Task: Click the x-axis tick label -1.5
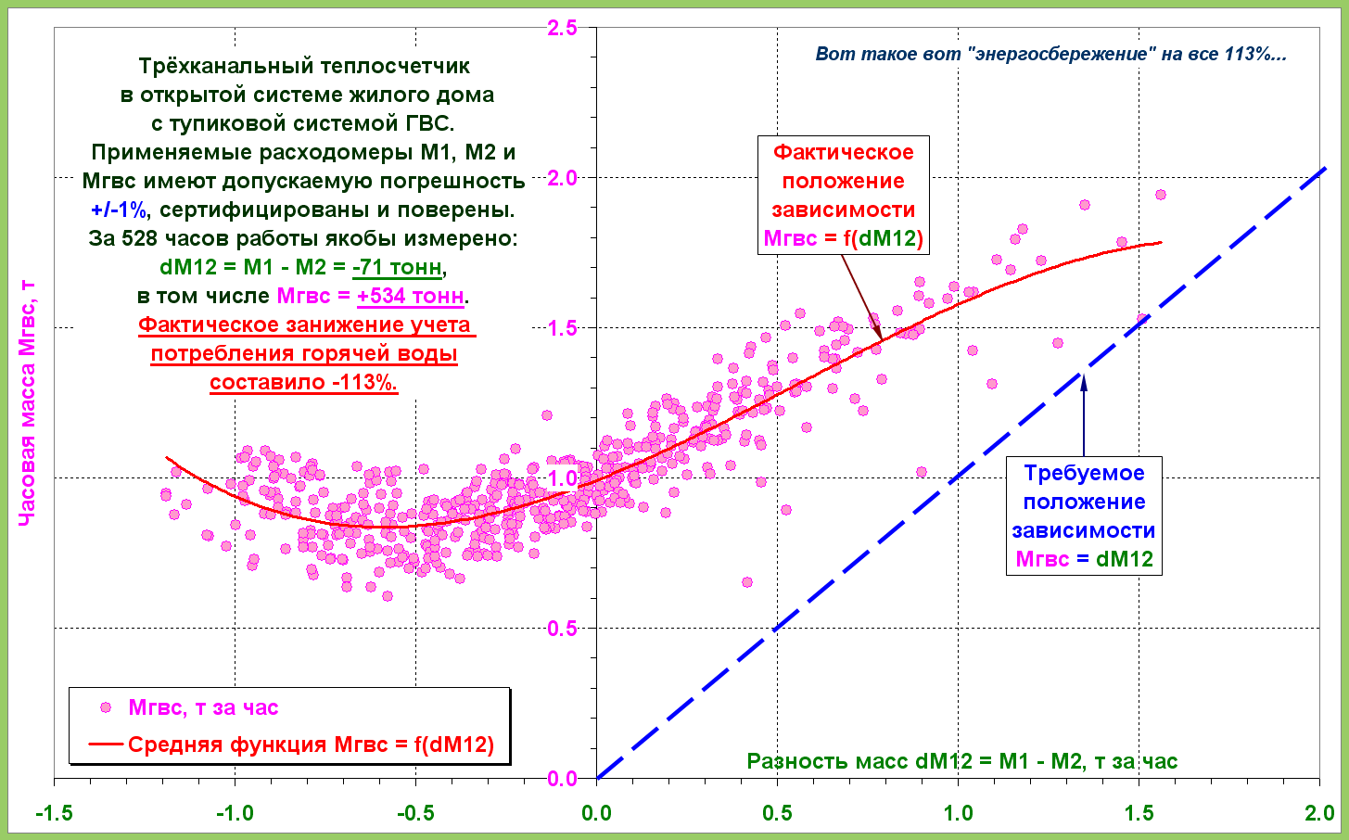tap(54, 813)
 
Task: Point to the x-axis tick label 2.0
tap(1318, 813)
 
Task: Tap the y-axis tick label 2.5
tap(562, 28)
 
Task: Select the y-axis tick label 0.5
tap(562, 628)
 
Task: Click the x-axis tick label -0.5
tap(414, 813)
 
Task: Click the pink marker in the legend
tap(106, 707)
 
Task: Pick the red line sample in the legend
tap(106, 744)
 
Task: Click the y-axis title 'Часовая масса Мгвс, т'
tap(27, 404)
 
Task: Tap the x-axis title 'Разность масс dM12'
tap(961, 761)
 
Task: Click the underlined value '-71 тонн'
tap(398, 267)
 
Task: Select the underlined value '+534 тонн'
tap(411, 296)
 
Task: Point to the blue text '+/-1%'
tap(119, 210)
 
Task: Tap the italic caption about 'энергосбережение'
tap(1050, 54)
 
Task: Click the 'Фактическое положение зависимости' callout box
tap(843, 195)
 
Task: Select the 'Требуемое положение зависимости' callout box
tap(1084, 515)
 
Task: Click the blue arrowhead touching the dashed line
tap(1083, 378)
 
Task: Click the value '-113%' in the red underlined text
tap(365, 382)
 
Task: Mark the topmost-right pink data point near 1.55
tap(1160, 195)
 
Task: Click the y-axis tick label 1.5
tap(562, 327)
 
